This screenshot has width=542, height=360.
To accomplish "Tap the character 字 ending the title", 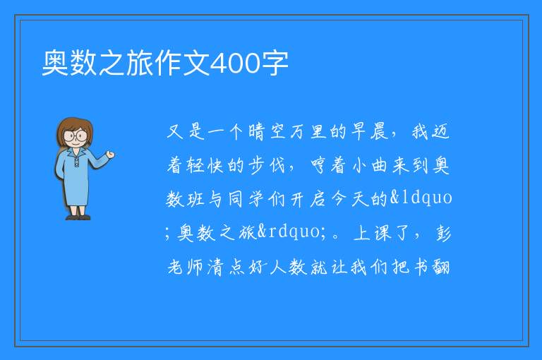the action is click(x=275, y=64).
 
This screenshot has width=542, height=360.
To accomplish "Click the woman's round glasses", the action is click(x=76, y=136).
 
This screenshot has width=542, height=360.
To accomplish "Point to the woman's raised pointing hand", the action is click(x=110, y=155).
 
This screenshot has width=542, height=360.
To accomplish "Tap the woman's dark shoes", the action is click(x=78, y=217).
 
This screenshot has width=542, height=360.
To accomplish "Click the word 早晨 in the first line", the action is click(x=370, y=132).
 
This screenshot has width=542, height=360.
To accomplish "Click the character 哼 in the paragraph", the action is click(x=318, y=165).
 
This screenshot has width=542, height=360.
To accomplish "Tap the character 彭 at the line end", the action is click(x=442, y=232).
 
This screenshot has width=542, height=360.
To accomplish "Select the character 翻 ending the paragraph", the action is click(x=441, y=267).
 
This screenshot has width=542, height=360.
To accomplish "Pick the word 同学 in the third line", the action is click(x=246, y=199).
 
